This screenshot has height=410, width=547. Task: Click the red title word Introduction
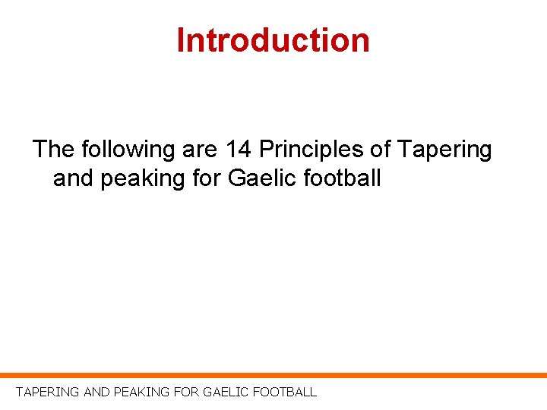click(273, 40)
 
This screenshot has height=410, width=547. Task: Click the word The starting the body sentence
click(53, 150)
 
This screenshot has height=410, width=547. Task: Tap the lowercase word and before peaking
click(73, 179)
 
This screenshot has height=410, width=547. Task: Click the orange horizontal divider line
click(273, 375)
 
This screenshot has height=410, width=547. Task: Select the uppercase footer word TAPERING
click(47, 393)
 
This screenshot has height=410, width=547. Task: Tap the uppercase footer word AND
click(96, 393)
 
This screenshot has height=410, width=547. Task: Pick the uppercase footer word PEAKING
click(141, 393)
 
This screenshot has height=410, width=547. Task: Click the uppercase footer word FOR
click(186, 393)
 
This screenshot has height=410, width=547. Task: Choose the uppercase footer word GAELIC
click(224, 393)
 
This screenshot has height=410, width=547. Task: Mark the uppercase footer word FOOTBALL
click(284, 393)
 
